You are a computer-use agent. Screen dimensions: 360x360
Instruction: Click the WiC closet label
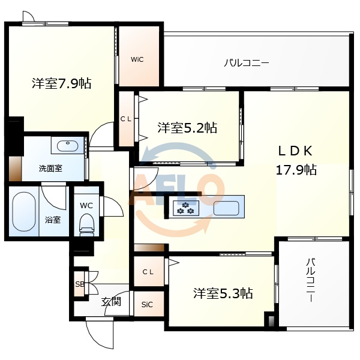click(137, 59)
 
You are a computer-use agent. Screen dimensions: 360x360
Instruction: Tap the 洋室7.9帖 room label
click(62, 83)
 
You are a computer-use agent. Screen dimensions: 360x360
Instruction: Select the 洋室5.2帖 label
click(187, 127)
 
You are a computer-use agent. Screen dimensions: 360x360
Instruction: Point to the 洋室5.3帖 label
click(223, 293)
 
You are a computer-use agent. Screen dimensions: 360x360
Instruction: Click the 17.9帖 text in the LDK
click(296, 170)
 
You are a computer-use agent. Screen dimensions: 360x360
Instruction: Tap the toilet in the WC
click(86, 225)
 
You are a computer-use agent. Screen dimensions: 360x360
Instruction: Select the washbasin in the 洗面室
click(67, 146)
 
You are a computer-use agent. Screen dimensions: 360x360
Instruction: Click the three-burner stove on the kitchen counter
click(186, 208)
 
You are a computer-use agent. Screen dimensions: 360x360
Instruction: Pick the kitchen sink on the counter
click(226, 208)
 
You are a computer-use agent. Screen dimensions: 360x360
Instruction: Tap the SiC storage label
click(147, 305)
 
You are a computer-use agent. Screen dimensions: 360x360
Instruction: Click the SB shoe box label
click(79, 284)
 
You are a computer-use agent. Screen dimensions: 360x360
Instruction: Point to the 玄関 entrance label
click(111, 301)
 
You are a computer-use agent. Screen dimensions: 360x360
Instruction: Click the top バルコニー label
click(246, 62)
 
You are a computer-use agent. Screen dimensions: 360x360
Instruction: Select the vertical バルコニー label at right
click(311, 280)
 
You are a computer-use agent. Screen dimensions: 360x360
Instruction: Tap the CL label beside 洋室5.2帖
click(126, 119)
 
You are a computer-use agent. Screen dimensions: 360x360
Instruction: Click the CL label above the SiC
click(148, 272)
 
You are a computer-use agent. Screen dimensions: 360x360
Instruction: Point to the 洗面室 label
click(50, 168)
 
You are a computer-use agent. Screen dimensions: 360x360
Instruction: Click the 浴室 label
click(53, 220)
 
